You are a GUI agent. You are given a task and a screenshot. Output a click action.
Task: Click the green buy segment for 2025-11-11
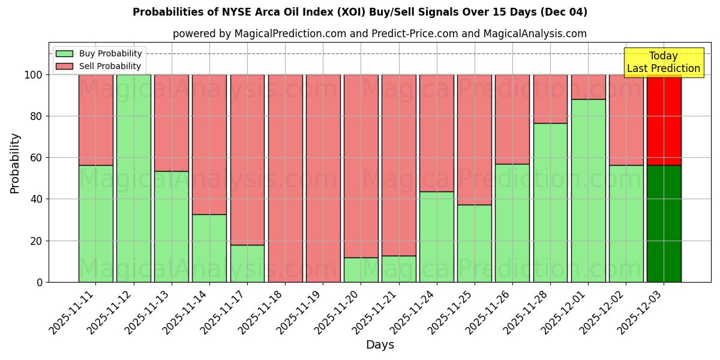click(95, 223)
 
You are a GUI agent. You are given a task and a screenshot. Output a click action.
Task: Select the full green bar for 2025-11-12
click(133, 178)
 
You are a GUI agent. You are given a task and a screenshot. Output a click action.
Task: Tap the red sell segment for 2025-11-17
click(247, 160)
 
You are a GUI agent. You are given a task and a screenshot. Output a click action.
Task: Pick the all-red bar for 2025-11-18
click(285, 178)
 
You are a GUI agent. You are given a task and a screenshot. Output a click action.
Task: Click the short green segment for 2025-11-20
click(361, 269)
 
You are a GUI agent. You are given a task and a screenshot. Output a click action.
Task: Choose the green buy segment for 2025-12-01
click(588, 190)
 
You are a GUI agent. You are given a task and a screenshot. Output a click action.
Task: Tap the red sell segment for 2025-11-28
click(550, 99)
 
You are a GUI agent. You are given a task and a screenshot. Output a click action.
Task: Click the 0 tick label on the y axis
click(40, 282)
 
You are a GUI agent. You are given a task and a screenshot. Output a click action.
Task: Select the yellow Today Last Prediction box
click(664, 62)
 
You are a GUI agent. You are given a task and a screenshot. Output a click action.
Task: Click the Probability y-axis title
click(15, 163)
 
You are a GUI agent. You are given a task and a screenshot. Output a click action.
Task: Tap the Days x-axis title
click(380, 345)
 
